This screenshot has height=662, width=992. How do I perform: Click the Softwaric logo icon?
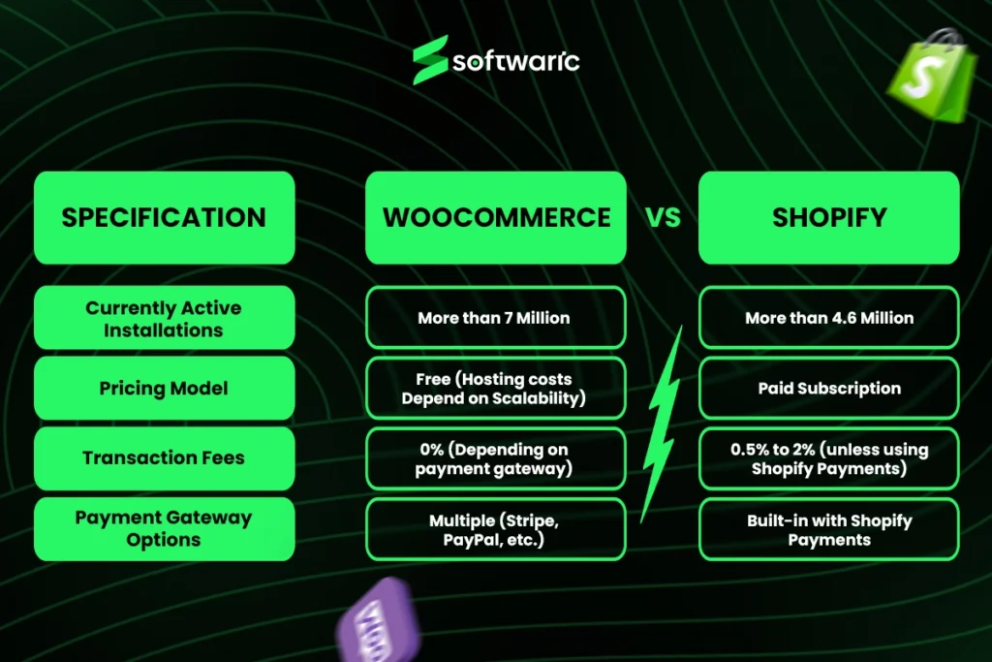coord(430,60)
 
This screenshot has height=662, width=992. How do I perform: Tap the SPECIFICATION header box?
coord(164,217)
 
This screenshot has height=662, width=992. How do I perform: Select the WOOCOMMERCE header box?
coord(496,217)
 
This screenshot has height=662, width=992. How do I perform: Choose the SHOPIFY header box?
coord(829,217)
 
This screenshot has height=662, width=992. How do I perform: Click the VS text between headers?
coord(664,217)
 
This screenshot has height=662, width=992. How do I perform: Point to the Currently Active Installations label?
coord(164,318)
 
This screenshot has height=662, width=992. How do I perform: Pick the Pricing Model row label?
coord(164,388)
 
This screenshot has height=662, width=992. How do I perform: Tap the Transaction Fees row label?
coord(164,457)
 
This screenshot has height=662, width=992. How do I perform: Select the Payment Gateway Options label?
coord(164,528)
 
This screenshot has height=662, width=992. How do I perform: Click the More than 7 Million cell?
coord(496,318)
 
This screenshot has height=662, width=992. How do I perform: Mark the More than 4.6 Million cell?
coord(829,318)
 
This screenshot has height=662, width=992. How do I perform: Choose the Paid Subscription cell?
coord(829,388)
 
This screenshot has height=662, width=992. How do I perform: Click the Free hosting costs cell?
coord(496,388)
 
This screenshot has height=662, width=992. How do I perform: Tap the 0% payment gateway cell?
coord(496,458)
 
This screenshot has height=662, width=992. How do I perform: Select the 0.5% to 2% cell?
coord(829,458)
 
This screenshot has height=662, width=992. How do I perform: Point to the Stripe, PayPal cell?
coord(496,529)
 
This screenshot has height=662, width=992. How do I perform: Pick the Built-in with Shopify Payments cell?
coord(829,529)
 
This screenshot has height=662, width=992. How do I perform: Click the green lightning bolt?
coord(662,426)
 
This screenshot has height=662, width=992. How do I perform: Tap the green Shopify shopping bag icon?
coord(927,78)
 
